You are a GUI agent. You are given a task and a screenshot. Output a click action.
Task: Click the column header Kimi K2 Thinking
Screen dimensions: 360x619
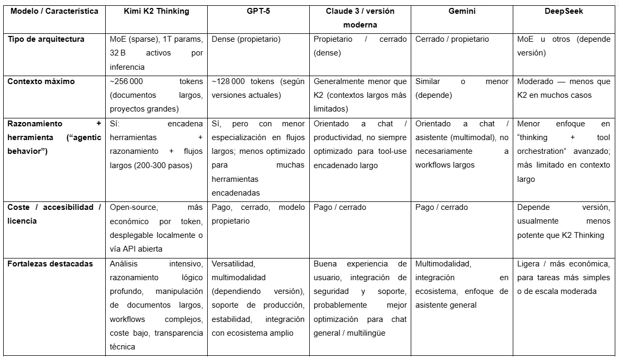(156, 11)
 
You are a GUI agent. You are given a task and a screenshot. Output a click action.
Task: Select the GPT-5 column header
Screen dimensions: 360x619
(258, 11)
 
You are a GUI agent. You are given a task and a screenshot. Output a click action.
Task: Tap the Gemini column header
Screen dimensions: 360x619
(461, 11)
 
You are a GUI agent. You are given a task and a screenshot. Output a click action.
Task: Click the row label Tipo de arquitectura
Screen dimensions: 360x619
(46, 39)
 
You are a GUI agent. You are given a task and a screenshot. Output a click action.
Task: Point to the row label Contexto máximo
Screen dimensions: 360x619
(41, 81)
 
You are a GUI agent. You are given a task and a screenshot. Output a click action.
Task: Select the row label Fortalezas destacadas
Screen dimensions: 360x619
(50, 263)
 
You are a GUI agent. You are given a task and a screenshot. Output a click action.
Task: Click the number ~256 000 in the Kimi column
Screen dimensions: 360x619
(126, 81)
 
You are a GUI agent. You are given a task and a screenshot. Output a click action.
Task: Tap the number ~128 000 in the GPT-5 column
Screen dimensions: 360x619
(228, 81)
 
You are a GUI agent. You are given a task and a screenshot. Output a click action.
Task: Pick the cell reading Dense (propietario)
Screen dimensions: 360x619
(246, 39)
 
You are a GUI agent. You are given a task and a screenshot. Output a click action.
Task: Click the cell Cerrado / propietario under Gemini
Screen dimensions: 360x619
(452, 39)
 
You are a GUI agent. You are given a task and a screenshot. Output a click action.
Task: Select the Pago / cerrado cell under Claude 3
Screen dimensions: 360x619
(339, 207)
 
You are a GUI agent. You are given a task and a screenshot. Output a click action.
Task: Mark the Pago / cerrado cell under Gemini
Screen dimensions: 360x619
(441, 207)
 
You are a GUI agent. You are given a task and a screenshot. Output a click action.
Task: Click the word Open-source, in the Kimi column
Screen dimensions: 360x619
(134, 207)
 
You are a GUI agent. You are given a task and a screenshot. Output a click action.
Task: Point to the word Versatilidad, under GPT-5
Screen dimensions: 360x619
(234, 263)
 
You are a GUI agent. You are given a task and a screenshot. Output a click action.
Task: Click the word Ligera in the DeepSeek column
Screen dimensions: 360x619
(529, 263)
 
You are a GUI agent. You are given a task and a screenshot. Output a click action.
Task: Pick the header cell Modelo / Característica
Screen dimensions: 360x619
(54, 11)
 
